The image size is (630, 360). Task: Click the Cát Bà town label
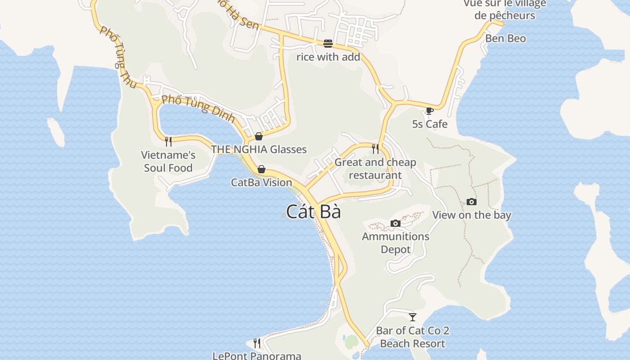(314, 211)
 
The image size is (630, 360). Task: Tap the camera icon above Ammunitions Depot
(396, 223)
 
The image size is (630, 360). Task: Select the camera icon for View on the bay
(471, 202)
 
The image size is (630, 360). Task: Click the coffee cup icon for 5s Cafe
(429, 111)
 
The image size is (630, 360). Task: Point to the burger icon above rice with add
(328, 44)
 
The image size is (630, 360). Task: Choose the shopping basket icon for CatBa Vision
(261, 169)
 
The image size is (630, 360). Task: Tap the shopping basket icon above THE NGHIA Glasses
(259, 136)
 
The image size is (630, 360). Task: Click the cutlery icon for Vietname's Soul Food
(168, 142)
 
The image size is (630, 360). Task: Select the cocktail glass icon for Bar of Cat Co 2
(413, 317)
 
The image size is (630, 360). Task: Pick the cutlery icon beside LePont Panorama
(256, 343)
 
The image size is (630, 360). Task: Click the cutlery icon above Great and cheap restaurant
(375, 148)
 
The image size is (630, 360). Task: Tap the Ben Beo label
(505, 39)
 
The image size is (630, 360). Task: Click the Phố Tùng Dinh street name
(198, 108)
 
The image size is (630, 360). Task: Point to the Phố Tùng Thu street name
(118, 57)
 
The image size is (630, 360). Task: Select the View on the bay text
(472, 215)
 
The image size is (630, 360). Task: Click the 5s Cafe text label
(430, 124)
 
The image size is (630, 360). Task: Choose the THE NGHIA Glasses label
(259, 149)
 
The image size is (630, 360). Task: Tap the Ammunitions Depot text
(396, 243)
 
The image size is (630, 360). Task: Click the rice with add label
(328, 57)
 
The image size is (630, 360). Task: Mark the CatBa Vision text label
(261, 183)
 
